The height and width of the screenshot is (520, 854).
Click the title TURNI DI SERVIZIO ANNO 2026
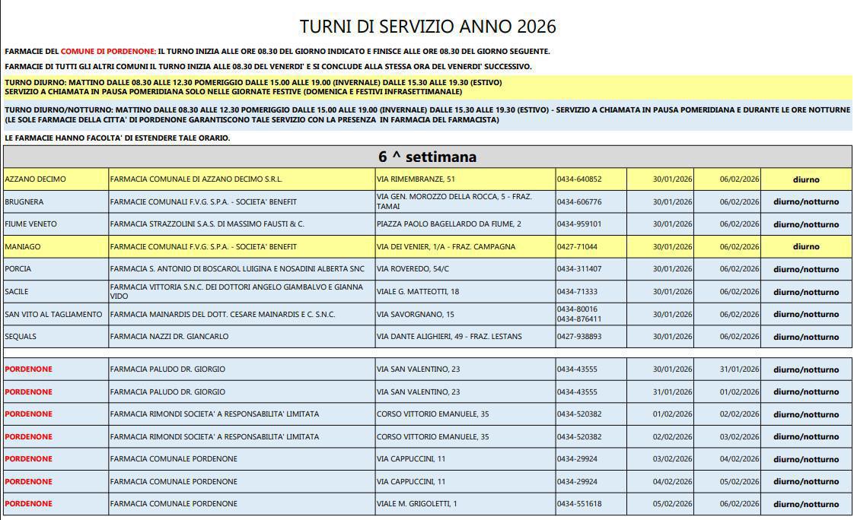click(x=428, y=27)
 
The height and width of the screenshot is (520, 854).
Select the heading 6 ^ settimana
click(x=427, y=157)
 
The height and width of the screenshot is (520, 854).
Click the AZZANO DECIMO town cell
click(x=35, y=179)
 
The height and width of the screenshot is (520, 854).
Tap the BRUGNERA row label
click(x=24, y=202)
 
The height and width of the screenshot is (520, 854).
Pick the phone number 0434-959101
click(x=579, y=224)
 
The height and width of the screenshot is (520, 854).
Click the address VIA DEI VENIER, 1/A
click(x=446, y=247)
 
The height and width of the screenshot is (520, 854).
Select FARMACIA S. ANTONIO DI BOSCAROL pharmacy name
click(x=237, y=269)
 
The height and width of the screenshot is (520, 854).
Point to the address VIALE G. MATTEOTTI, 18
click(x=418, y=292)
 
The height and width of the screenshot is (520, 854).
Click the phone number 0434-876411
click(x=579, y=319)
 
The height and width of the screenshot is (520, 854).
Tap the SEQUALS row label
click(x=21, y=337)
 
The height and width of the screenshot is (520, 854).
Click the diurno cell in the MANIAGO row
click(x=806, y=246)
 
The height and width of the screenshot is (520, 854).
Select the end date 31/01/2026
click(x=739, y=369)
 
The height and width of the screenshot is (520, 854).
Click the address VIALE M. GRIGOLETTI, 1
click(x=416, y=504)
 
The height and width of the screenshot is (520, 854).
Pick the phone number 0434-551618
click(x=579, y=504)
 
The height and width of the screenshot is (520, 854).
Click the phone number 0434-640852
click(x=579, y=179)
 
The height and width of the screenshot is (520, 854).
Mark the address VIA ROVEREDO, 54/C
click(x=413, y=269)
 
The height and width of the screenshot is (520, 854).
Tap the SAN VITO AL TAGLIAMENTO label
click(x=53, y=315)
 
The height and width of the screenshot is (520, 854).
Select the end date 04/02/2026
click(x=739, y=459)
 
